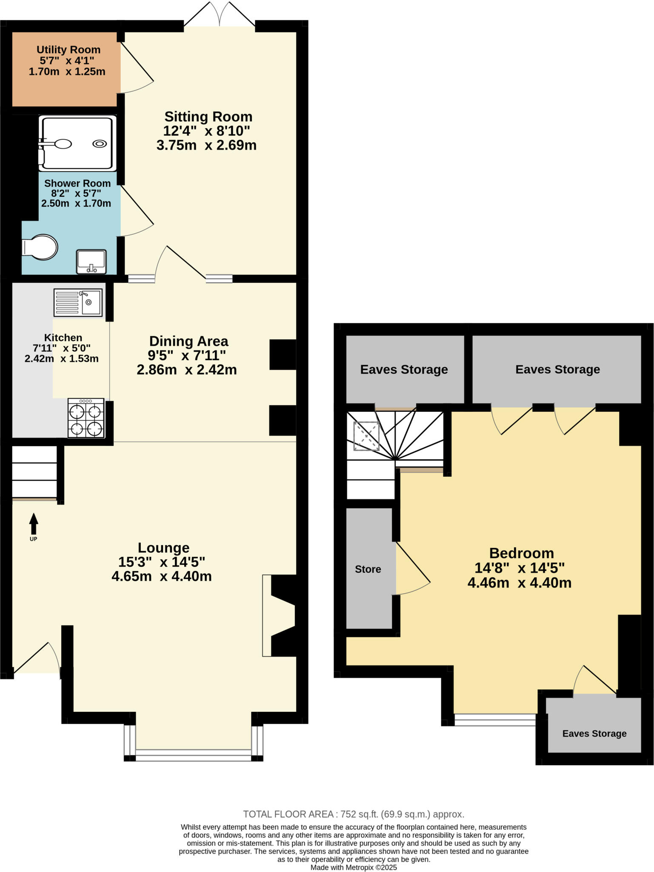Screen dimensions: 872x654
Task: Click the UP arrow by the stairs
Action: tap(33, 523)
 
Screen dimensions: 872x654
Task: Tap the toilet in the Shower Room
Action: tap(41, 247)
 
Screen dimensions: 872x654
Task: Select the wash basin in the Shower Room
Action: tap(91, 261)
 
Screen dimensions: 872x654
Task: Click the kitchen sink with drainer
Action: tap(78, 302)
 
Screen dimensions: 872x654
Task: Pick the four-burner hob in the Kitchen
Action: tap(86, 418)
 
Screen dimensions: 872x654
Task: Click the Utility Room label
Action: tap(68, 50)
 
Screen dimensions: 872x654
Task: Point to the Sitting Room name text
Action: tap(208, 117)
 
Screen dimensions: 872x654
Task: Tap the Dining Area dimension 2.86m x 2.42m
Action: tap(186, 370)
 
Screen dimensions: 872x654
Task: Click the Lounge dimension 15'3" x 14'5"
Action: tap(161, 562)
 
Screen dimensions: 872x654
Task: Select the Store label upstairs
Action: tap(368, 569)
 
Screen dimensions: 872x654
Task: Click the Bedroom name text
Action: tap(521, 553)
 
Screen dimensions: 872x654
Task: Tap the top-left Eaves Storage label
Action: tap(404, 370)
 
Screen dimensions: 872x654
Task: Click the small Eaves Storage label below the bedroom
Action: tap(594, 734)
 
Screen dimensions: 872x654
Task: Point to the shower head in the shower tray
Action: tap(62, 144)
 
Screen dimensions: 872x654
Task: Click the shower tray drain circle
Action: tap(100, 144)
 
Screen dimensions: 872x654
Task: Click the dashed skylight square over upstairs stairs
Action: tap(366, 436)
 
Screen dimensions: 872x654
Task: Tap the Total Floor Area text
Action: tap(353, 814)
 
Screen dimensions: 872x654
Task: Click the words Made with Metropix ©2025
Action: tap(353, 867)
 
